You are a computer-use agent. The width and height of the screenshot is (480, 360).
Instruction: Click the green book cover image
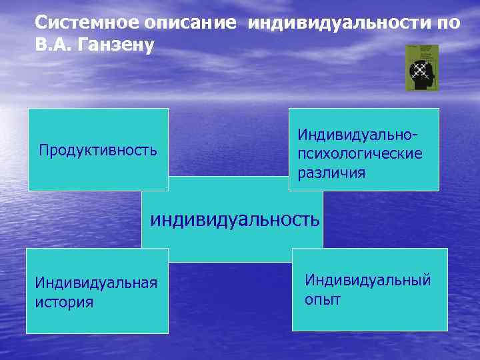tap(423, 67)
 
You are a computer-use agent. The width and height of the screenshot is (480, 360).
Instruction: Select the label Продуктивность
tap(98, 150)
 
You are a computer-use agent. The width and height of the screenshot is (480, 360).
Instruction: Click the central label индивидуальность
tap(235, 219)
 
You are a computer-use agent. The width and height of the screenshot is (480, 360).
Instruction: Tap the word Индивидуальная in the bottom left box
tap(96, 283)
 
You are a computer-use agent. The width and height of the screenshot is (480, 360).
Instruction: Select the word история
tap(64, 302)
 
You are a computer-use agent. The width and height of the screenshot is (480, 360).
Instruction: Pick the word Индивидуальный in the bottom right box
tap(368, 279)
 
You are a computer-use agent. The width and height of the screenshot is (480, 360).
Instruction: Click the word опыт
tap(323, 299)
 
